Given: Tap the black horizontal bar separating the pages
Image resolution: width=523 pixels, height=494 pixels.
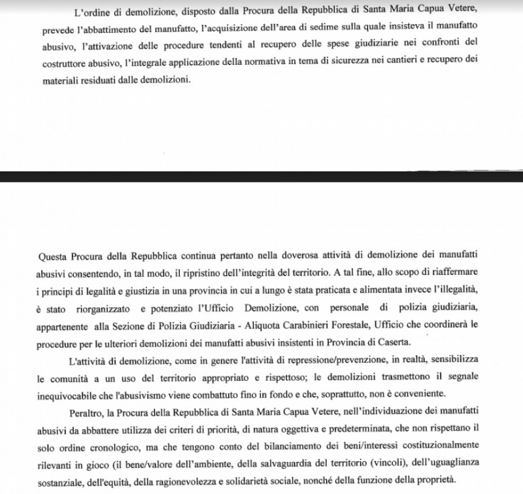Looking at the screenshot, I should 261,176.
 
